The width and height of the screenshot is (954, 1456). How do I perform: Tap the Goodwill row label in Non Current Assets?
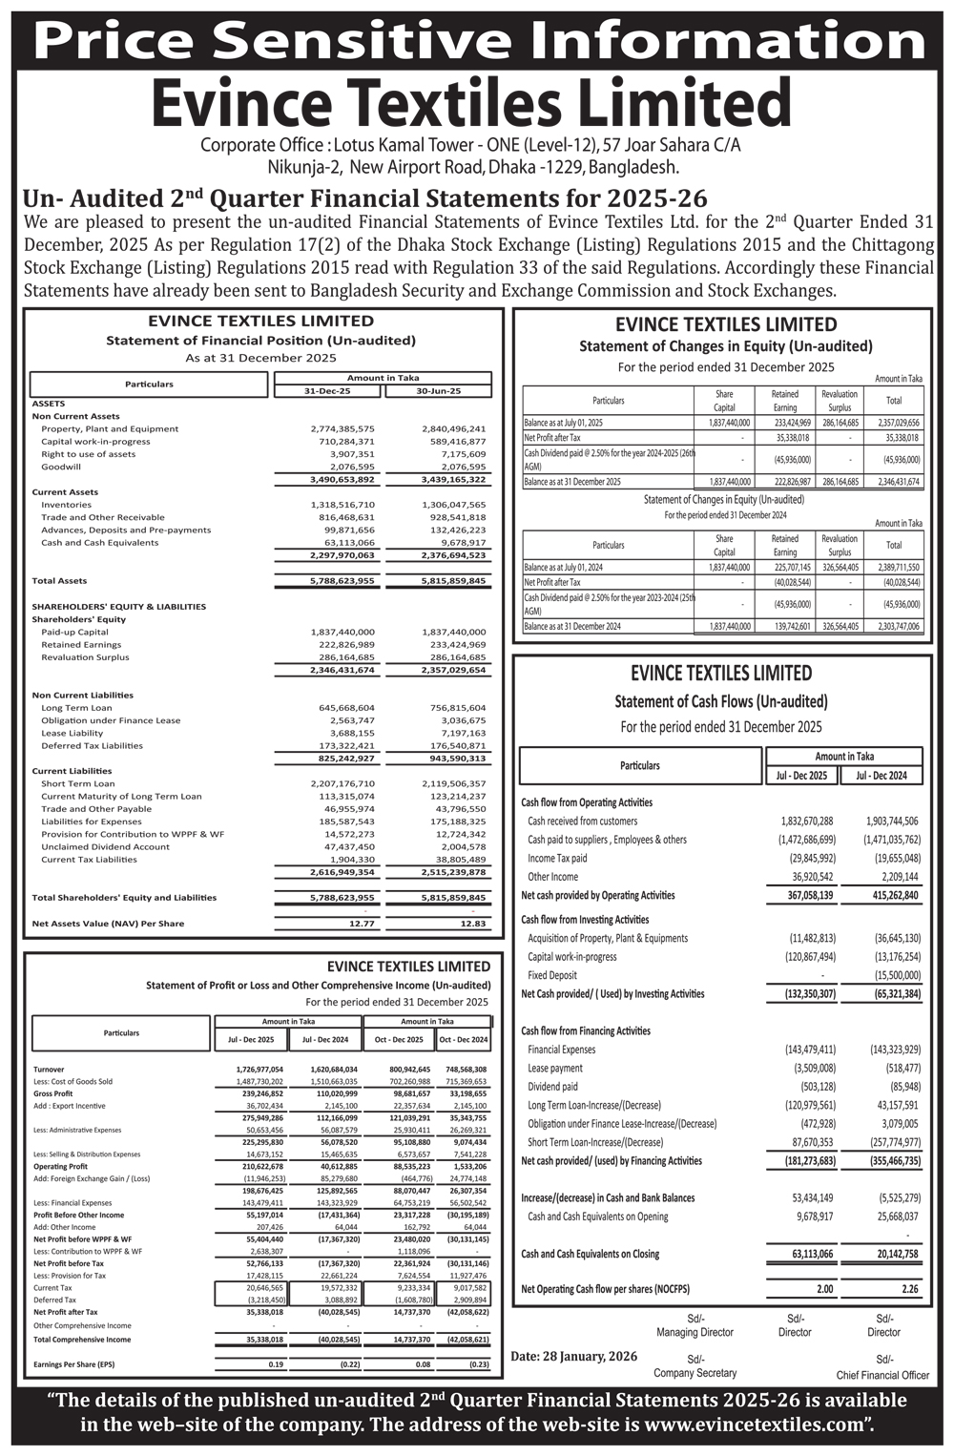click(61, 468)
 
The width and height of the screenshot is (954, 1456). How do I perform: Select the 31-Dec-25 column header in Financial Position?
click(327, 391)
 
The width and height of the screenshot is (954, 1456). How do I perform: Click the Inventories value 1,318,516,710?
click(342, 505)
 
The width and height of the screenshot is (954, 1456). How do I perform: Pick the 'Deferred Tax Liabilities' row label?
click(92, 746)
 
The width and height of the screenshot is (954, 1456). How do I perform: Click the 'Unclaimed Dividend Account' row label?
click(105, 847)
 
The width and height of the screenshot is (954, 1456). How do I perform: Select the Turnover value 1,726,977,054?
click(259, 1070)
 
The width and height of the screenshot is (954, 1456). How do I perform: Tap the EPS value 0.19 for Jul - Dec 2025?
click(276, 1364)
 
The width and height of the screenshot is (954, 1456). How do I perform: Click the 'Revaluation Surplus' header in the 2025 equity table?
click(840, 401)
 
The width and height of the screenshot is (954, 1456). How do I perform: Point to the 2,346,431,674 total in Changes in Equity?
click(899, 482)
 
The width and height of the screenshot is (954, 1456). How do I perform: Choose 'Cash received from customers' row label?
click(582, 822)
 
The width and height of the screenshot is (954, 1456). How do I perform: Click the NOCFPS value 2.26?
click(910, 1290)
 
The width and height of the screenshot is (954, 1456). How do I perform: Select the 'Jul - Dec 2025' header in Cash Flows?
click(801, 776)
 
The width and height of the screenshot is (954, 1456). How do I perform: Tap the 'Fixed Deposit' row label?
click(552, 976)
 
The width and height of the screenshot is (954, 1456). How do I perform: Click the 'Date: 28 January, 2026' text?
click(573, 1356)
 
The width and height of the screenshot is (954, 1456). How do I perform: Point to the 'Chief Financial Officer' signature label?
click(882, 1375)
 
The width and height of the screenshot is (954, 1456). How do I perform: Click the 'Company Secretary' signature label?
click(695, 1373)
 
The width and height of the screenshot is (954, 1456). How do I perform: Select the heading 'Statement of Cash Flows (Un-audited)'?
click(721, 702)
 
